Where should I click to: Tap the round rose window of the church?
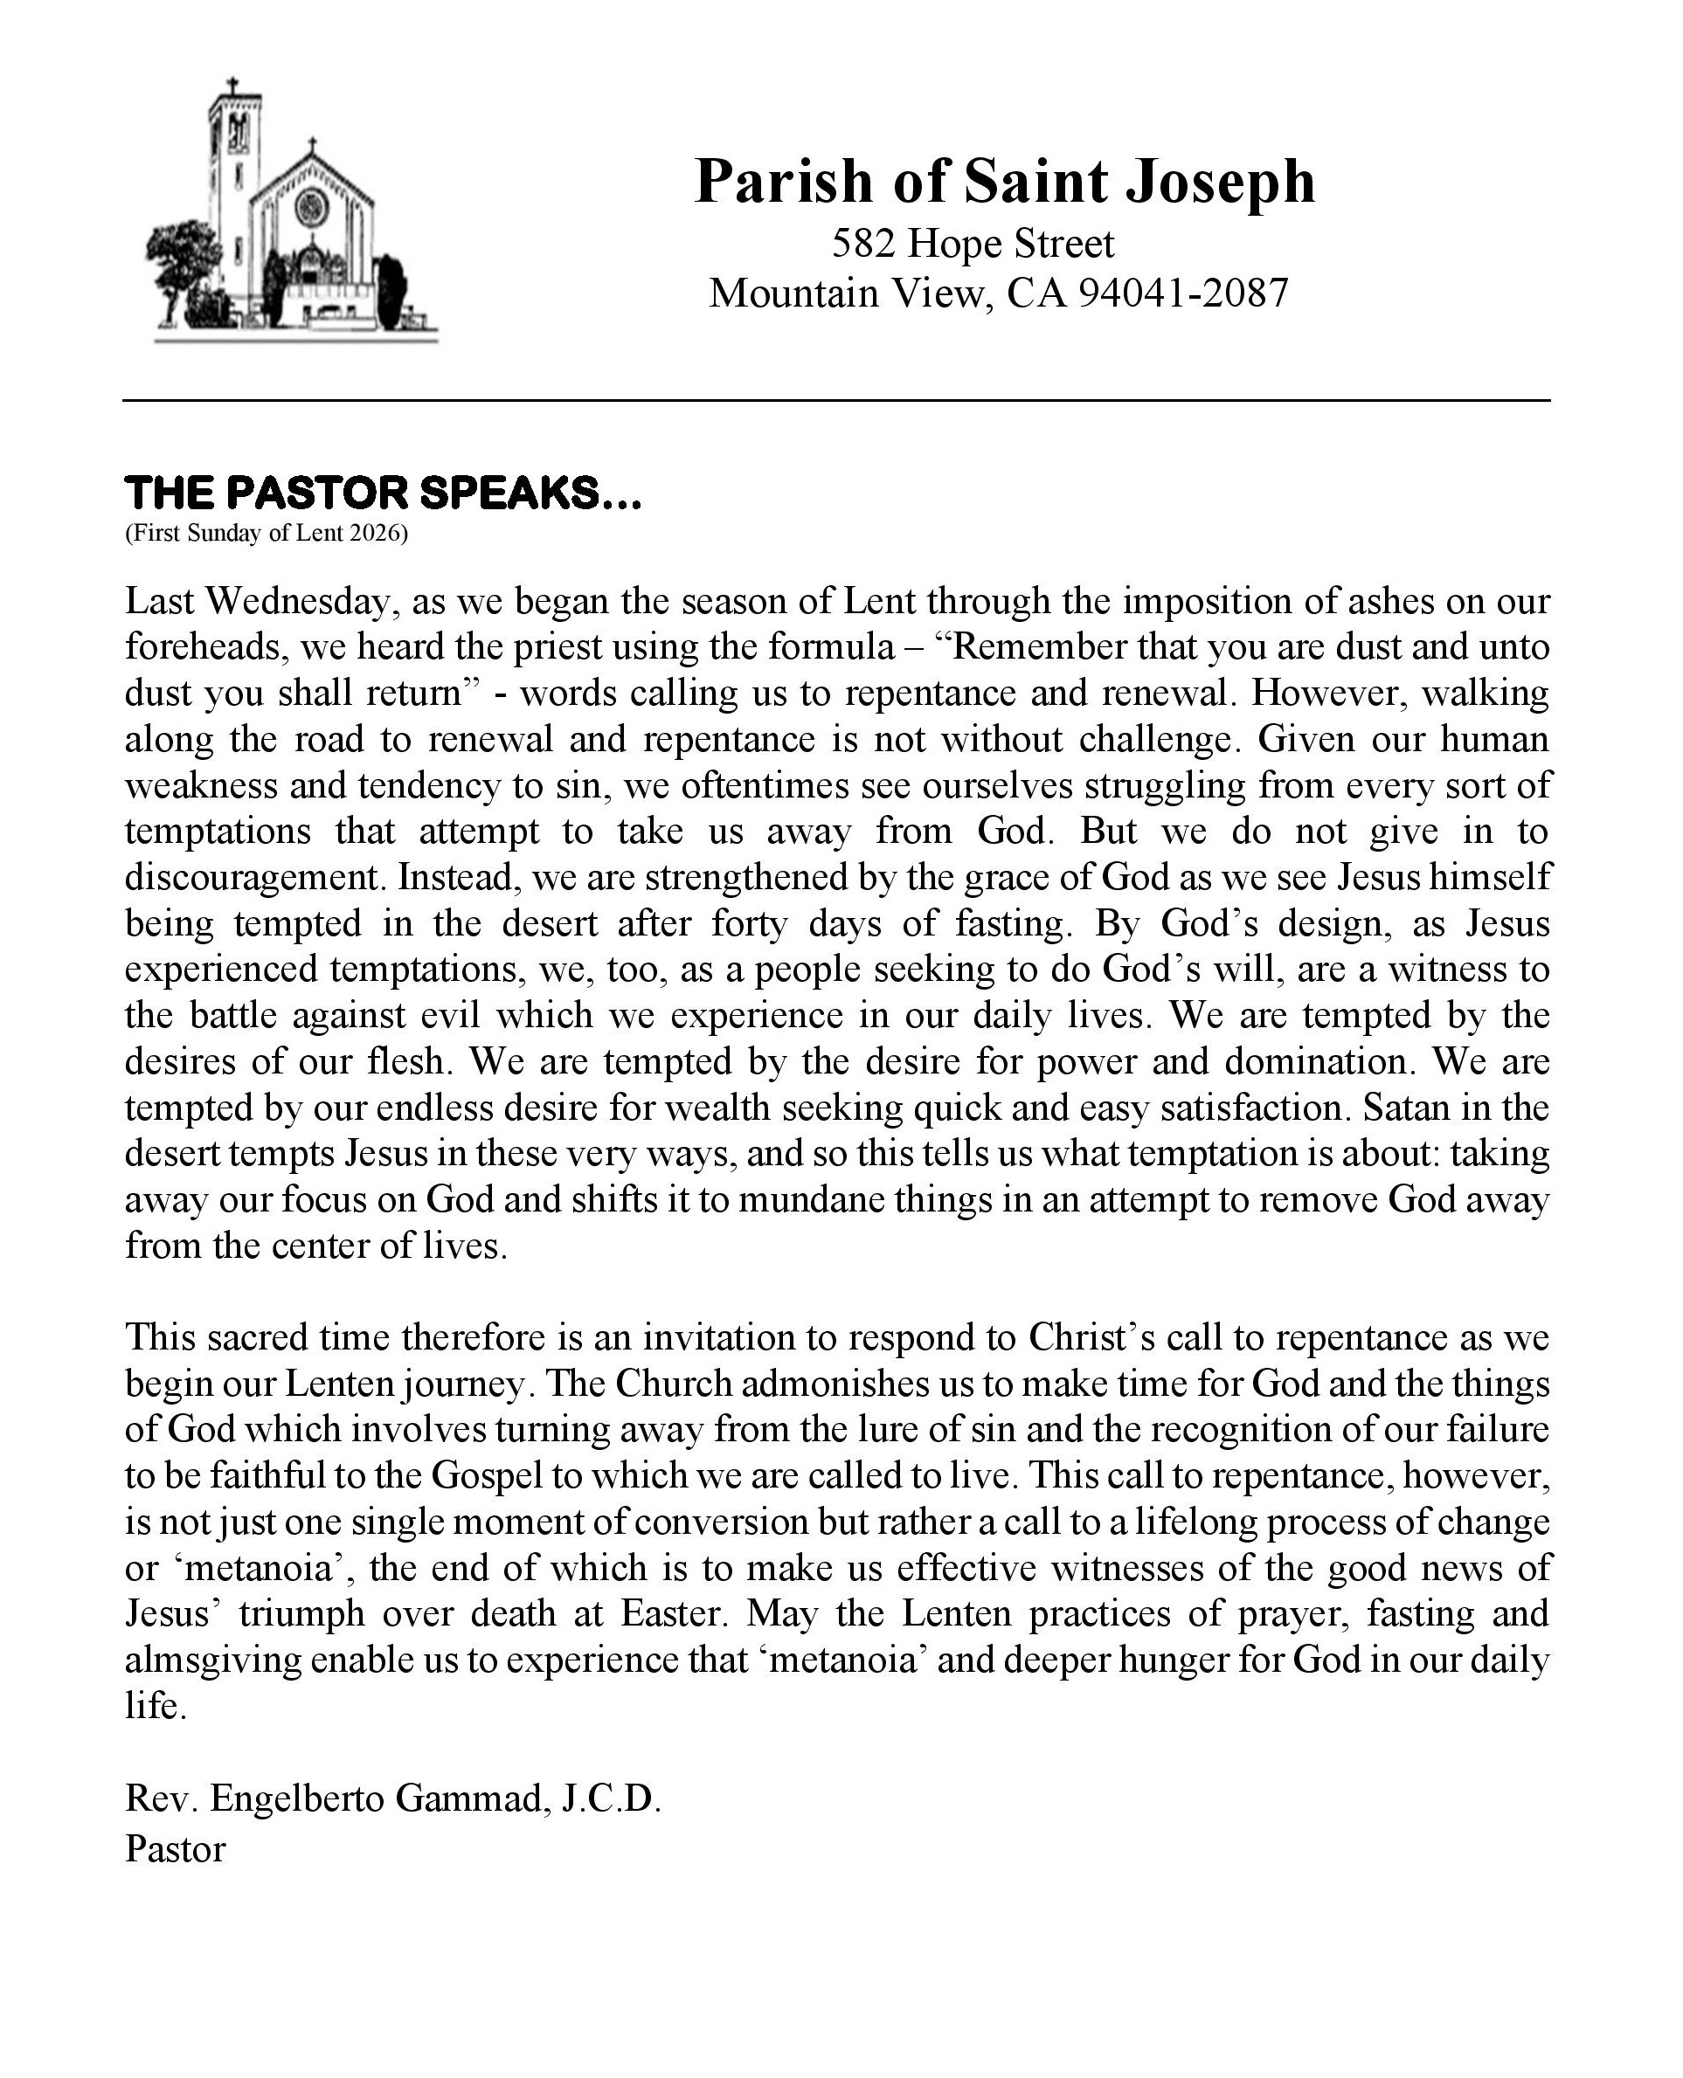pyautogui.click(x=312, y=205)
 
